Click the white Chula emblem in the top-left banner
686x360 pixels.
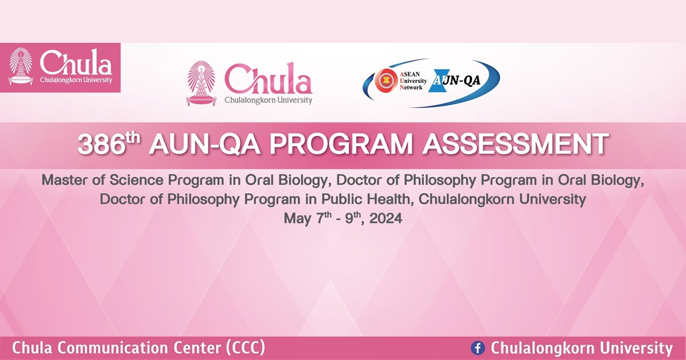coord(21,66)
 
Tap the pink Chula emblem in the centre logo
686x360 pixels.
coord(201,83)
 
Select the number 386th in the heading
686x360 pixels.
coord(109,145)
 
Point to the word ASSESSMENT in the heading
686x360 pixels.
coord(514,145)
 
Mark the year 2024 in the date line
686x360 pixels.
coord(385,219)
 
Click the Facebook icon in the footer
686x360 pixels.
coord(477,348)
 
